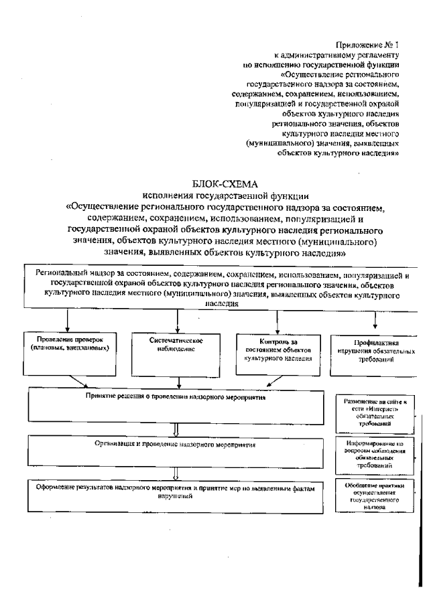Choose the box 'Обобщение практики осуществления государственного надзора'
(374, 496)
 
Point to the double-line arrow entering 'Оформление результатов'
(176, 473)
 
